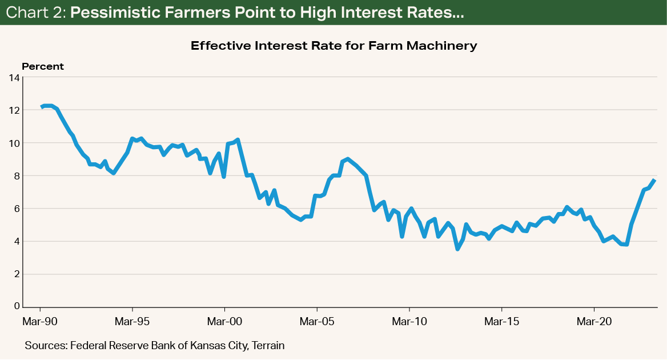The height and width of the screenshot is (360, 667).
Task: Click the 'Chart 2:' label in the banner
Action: [x=35, y=14]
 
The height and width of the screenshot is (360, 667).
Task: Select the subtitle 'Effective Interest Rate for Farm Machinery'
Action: [x=333, y=46]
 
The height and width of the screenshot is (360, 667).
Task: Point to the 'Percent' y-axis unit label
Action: [x=43, y=67]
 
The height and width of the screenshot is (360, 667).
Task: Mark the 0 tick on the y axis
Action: [x=15, y=307]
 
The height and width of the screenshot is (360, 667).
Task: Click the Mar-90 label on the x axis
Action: [x=40, y=322]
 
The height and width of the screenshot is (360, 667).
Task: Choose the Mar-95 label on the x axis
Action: [x=132, y=322]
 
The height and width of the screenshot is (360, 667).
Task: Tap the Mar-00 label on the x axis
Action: [x=224, y=322]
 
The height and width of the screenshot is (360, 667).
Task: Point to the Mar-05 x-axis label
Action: [x=317, y=322]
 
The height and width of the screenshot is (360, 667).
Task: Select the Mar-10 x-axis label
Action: [x=409, y=322]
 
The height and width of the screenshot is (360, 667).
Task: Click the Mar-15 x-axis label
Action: [x=501, y=322]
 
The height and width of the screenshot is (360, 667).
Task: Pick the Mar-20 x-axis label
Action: [x=594, y=322]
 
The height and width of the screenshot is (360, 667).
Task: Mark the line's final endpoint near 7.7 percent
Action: [x=655, y=181]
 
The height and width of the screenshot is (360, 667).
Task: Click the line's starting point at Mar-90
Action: [x=41, y=107]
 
